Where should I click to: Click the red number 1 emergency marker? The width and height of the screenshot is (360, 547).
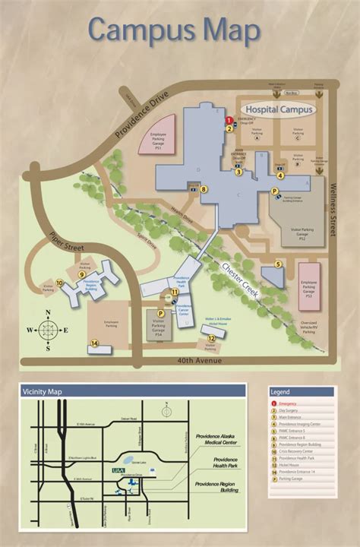coord(229,120)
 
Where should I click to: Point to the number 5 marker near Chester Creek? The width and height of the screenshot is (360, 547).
coord(278,264)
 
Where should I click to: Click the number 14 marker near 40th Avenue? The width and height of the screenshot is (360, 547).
coord(94,343)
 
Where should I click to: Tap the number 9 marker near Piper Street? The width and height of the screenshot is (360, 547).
coord(81,274)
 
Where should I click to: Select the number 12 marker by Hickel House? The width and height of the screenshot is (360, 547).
coord(211,339)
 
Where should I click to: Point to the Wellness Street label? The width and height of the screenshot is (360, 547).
coord(332,205)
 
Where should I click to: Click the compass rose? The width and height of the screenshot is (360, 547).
coord(47,330)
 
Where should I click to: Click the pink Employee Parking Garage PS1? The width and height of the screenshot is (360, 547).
coord(158,137)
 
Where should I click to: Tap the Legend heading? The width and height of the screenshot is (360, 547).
coord(279,391)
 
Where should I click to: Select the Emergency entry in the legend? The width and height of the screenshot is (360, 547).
coord(288,403)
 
